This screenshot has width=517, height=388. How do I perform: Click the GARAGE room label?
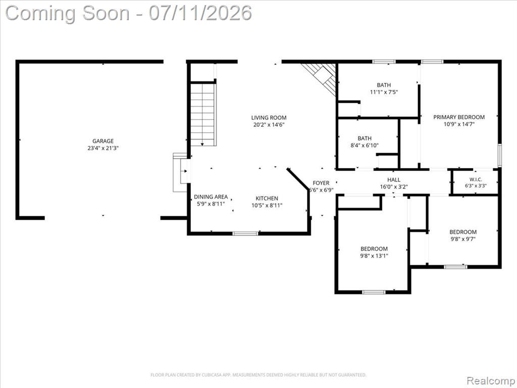[103, 141]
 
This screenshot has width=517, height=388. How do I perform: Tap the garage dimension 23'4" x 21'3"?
[103, 148]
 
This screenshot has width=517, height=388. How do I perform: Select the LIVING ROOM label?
[269, 117]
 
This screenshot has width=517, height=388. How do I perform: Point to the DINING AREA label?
[211, 197]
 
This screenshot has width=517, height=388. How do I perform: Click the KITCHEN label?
[267, 198]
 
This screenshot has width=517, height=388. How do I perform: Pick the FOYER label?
[321, 183]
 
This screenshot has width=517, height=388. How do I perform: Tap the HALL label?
[394, 179]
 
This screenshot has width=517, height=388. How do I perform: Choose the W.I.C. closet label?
[476, 179]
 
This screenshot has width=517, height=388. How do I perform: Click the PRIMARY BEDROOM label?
[459, 117]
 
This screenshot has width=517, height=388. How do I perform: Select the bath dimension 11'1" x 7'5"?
[384, 92]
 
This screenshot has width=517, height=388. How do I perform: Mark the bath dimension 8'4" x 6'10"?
[365, 145]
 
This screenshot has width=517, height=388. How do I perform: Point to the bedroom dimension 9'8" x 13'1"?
[374, 256]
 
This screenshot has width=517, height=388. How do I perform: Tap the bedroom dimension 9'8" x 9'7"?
[463, 239]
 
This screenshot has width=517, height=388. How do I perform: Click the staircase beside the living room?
[203, 114]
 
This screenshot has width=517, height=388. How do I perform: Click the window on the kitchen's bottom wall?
[245, 233]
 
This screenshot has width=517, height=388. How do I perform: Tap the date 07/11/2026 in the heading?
[200, 13]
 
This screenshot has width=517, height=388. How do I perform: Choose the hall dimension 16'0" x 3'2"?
[394, 187]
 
